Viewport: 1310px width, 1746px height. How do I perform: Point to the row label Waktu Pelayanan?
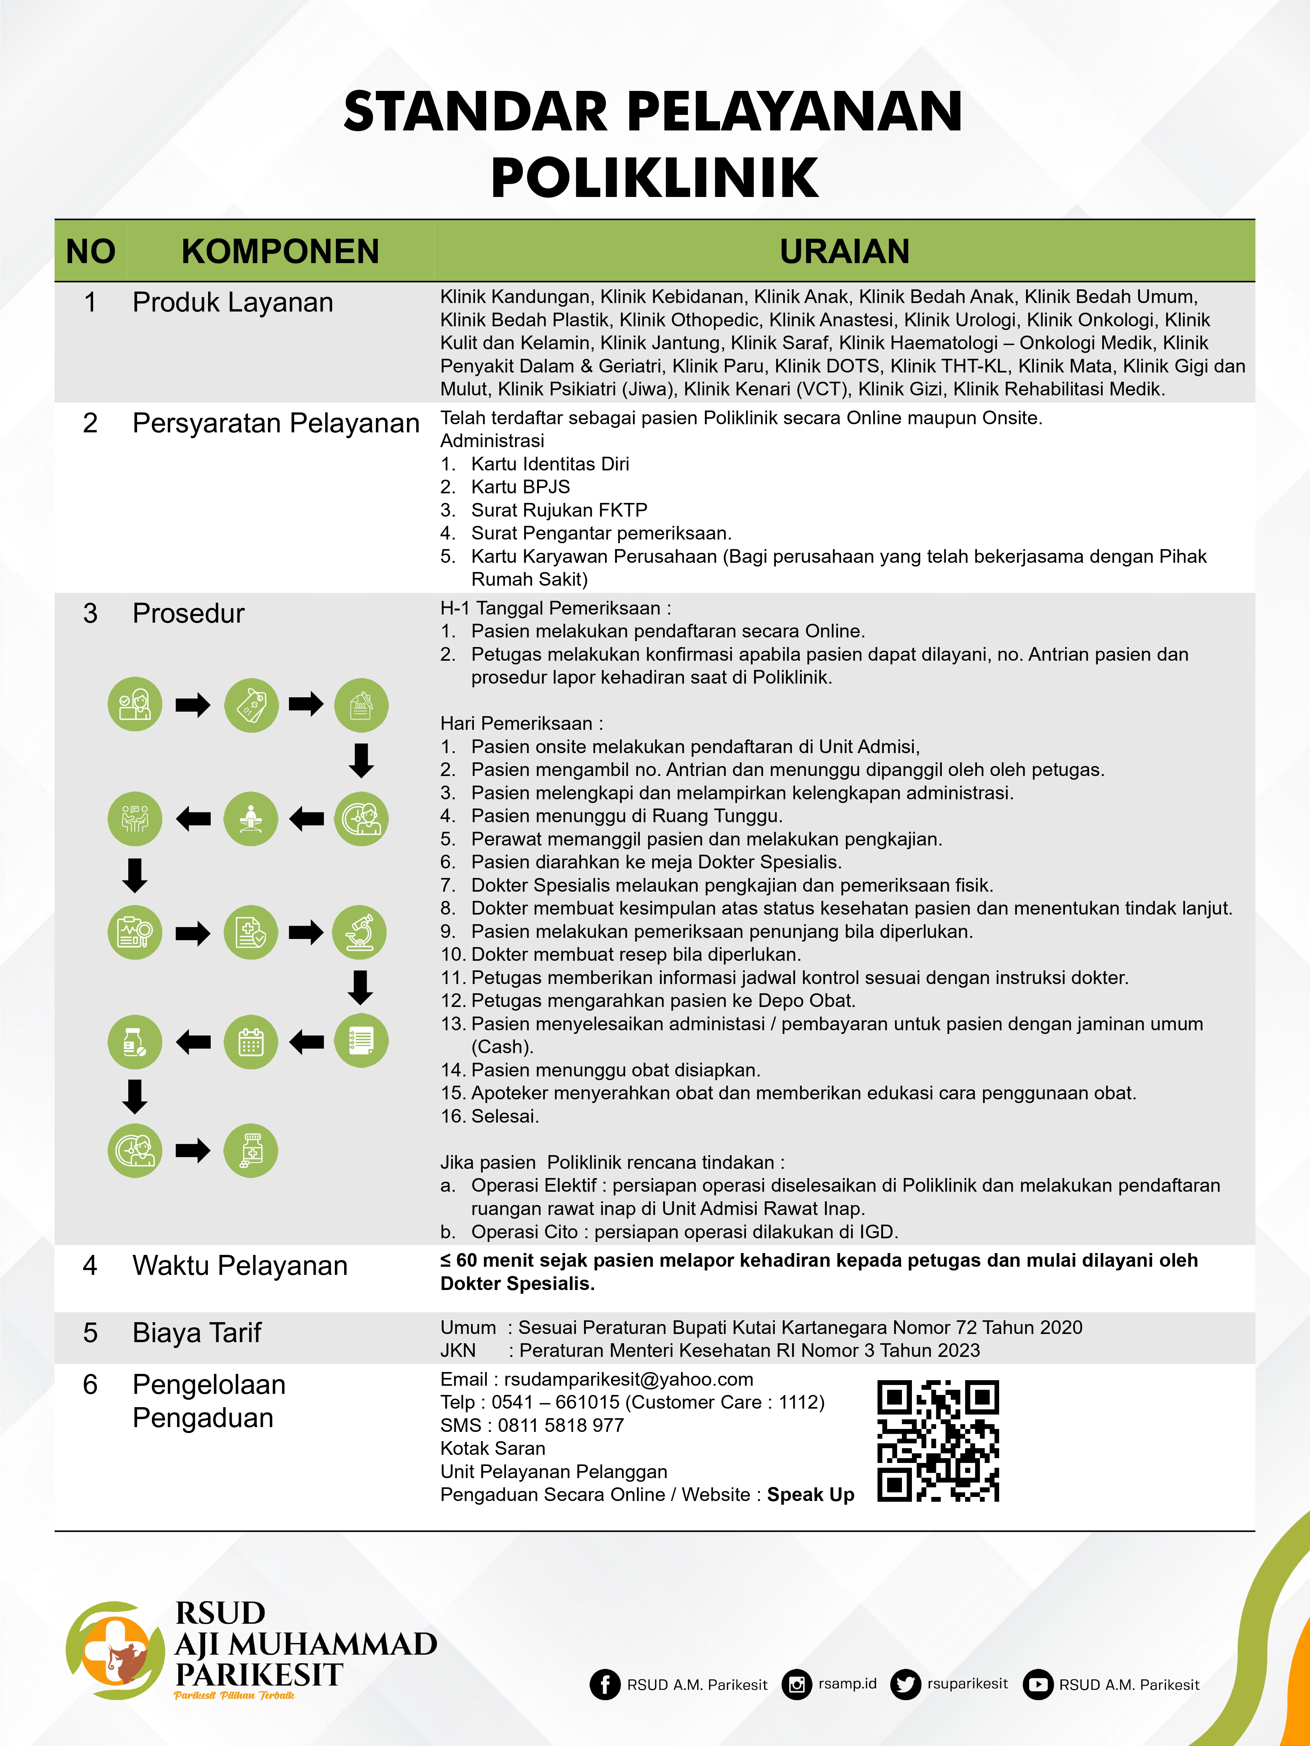click(239, 1265)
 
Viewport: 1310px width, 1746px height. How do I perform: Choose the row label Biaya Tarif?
click(197, 1333)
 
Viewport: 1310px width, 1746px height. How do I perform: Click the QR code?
click(938, 1440)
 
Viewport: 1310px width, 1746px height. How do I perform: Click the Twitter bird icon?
click(905, 1684)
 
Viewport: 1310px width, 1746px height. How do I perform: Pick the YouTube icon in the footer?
click(1038, 1684)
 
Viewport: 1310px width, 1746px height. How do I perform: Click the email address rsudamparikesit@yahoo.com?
click(628, 1379)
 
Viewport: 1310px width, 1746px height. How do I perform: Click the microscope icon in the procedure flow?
click(360, 932)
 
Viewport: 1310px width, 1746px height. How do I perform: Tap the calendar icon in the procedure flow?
click(251, 1042)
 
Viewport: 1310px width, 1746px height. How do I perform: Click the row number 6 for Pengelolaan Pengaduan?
click(90, 1385)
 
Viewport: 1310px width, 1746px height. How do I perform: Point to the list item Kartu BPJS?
click(520, 487)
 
